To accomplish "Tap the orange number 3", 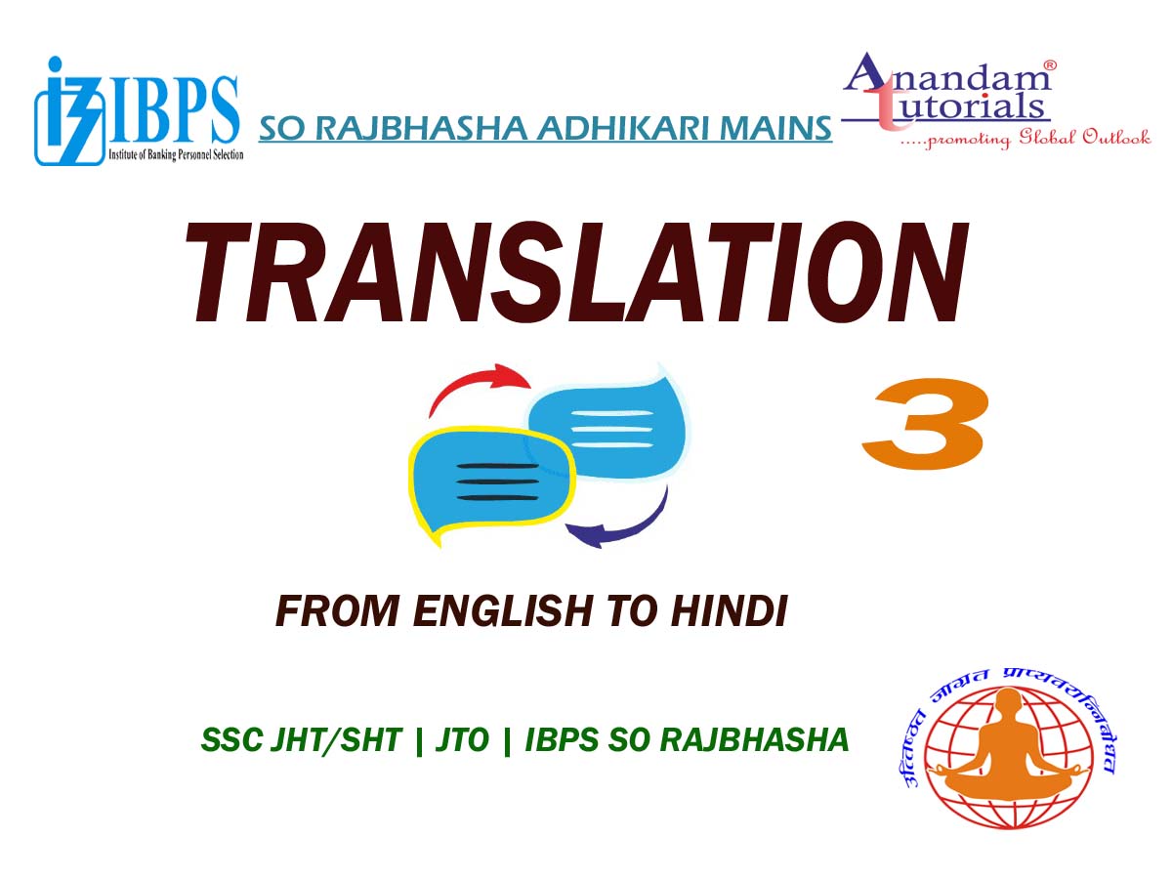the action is pos(925,423).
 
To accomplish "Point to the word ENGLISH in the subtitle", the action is pos(502,610).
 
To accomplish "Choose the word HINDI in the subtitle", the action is pos(729,610).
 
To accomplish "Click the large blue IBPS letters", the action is pos(174,110).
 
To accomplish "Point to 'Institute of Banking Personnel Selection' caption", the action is pos(176,154).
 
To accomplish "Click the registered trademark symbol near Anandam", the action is pos(1049,65).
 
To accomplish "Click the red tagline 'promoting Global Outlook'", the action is pos(1025,139).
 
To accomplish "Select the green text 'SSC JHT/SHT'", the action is pos(301,739).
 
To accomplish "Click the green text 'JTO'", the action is pos(462,739).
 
